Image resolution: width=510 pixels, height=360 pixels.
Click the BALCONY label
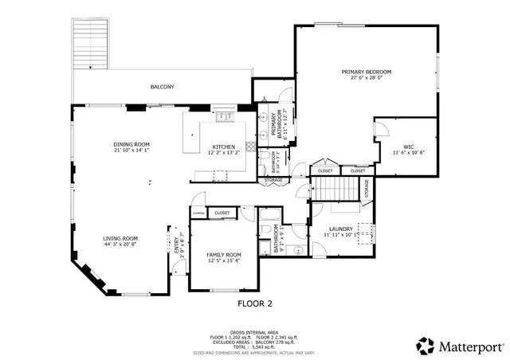[162, 87]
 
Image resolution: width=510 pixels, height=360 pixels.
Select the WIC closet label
[408, 147]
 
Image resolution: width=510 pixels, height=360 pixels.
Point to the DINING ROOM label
[131, 144]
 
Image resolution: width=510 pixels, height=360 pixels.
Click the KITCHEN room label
[223, 147]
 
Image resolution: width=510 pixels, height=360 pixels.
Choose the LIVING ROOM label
[120, 238]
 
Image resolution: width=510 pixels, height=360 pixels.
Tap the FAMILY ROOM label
[223, 255]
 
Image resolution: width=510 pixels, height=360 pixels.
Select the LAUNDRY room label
[340, 230]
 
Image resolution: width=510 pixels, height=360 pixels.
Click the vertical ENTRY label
[177, 242]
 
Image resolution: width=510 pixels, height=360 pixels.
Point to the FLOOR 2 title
[255, 303]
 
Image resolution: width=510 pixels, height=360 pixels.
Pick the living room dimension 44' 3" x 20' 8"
[120, 245]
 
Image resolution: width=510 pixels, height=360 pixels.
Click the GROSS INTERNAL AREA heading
[255, 331]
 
